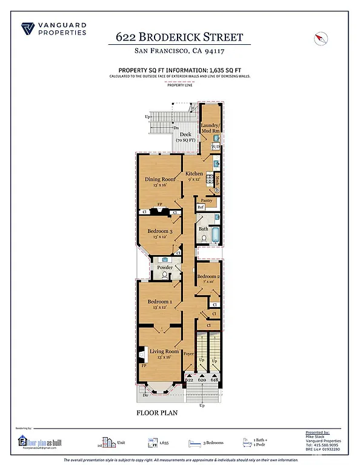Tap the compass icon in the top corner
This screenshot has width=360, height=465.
coord(321,38)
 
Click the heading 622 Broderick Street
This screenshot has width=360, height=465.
coord(179,37)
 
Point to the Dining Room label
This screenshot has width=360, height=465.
coord(159,179)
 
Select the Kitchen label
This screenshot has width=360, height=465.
coord(194,174)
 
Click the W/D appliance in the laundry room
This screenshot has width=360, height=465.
coord(216,147)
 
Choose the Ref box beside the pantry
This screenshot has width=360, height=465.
coord(201,207)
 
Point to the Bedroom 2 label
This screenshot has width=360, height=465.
coord(208,276)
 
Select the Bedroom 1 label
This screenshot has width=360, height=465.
coord(159,302)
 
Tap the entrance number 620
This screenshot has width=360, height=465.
coord(202,379)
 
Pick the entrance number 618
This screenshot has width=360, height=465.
coord(215,379)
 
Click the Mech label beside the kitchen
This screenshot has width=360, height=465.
coord(217,180)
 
